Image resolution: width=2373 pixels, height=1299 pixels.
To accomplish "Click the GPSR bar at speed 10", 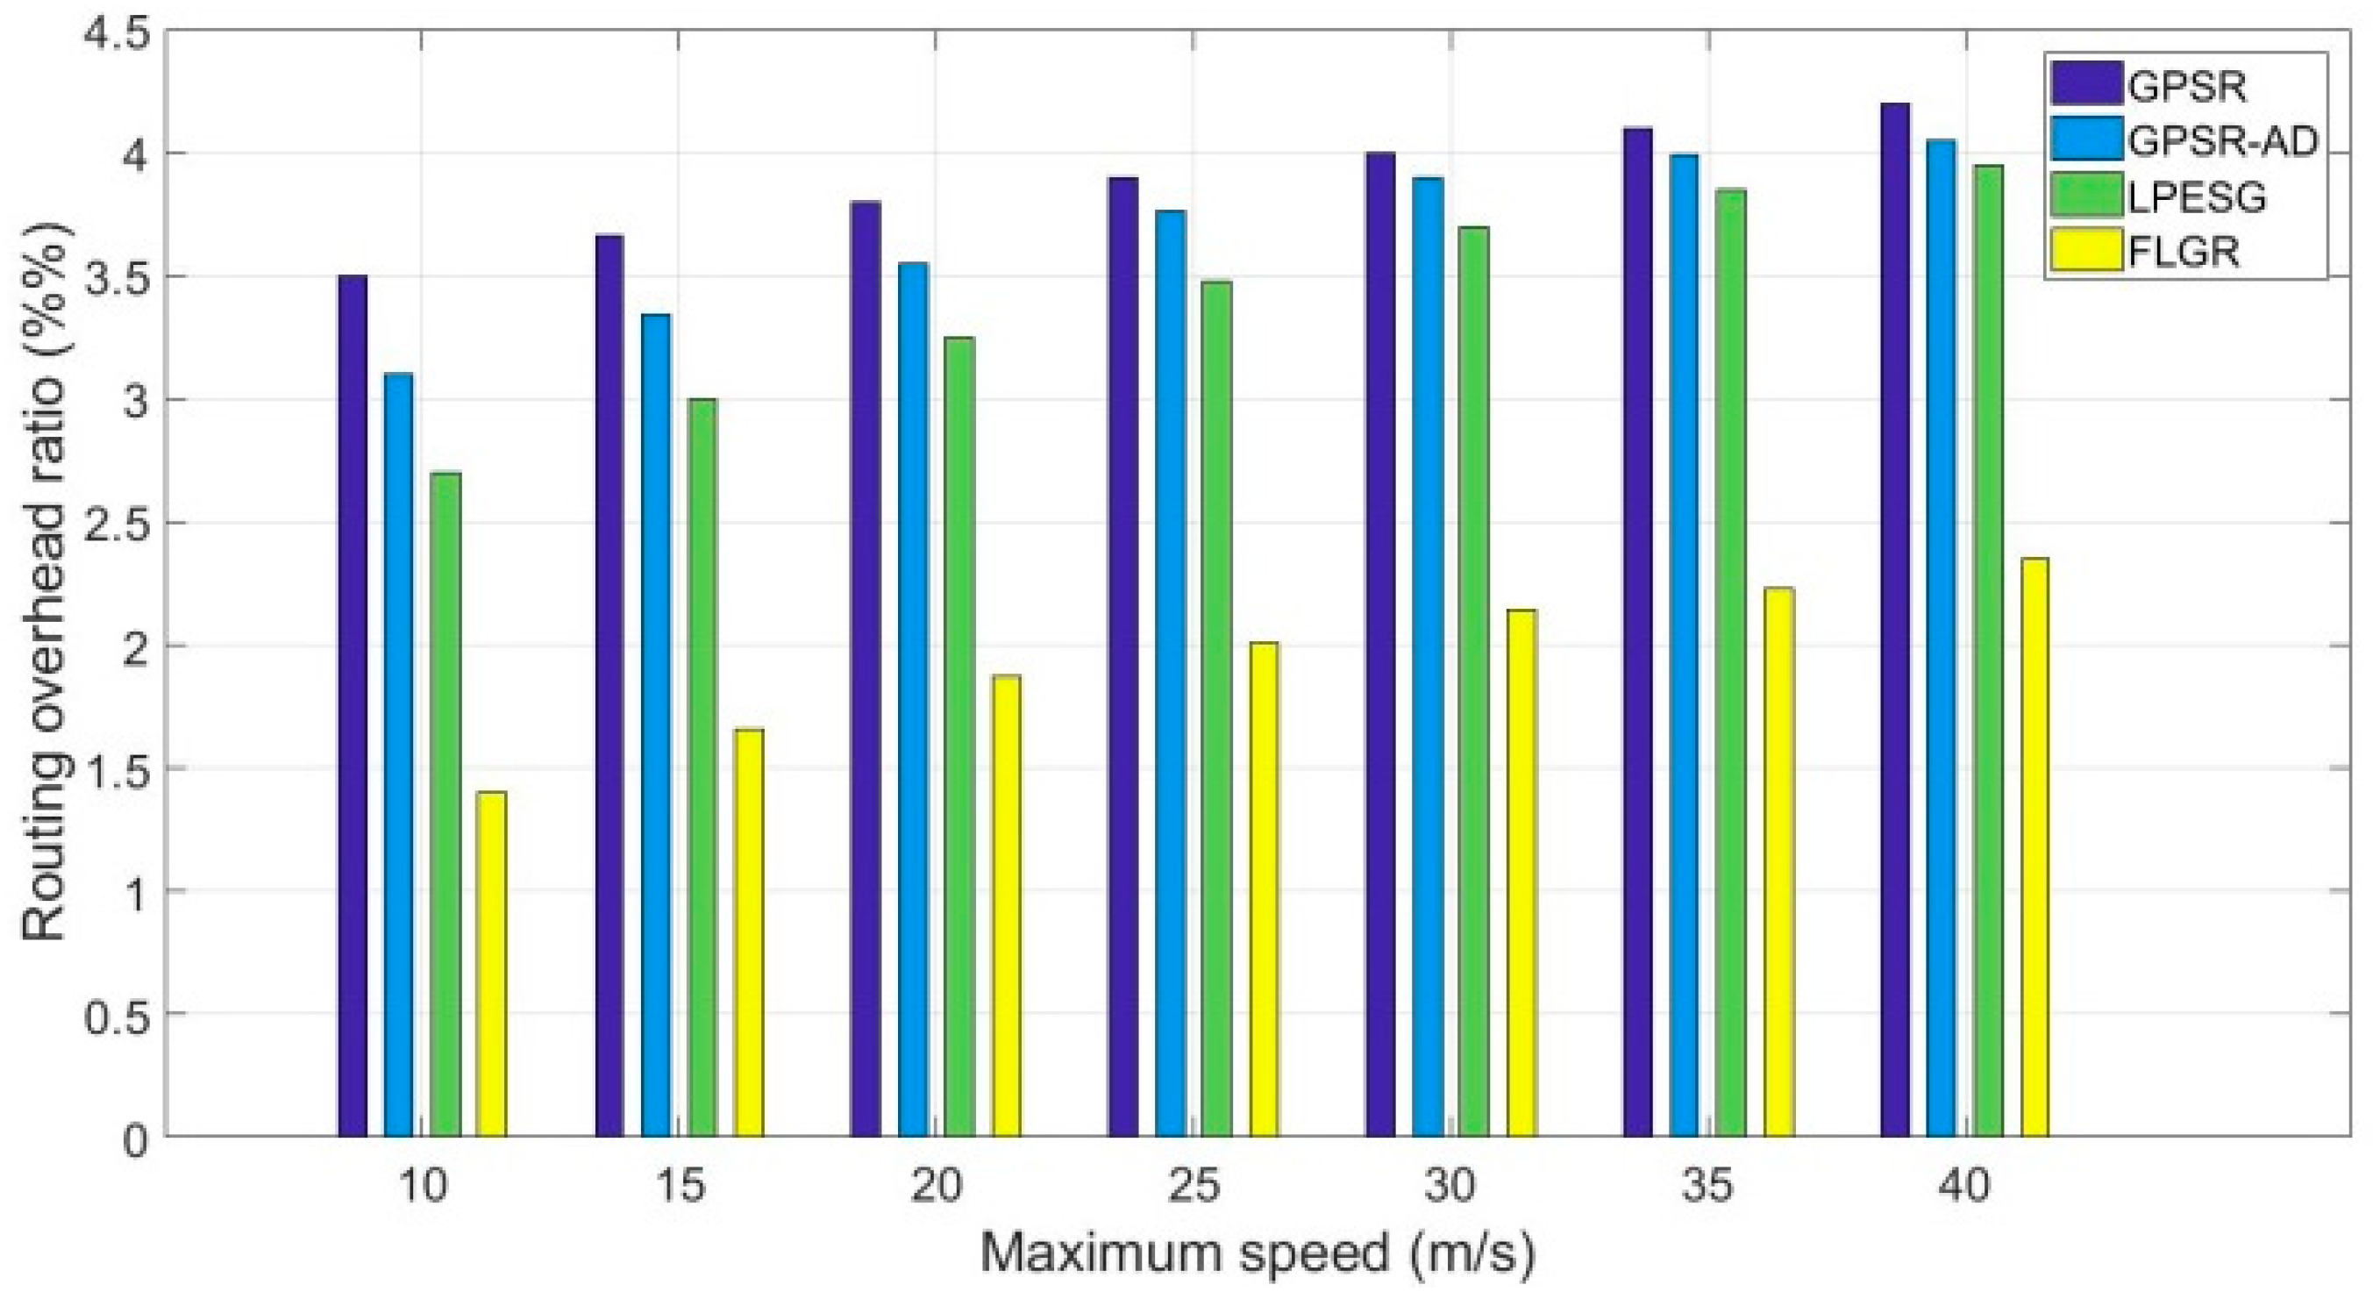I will coord(352,706).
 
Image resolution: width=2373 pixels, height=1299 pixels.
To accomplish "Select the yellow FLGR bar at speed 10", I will coord(491,964).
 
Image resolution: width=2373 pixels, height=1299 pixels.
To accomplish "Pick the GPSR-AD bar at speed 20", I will coord(913,699).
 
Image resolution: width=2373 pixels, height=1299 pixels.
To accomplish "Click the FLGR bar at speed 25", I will coord(1264,889).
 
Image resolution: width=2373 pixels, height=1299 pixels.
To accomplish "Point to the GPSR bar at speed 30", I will coord(1380,644).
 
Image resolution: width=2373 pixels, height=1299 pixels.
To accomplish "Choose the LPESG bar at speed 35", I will coord(1730,662).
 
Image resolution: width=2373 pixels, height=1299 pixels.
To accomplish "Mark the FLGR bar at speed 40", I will coord(2034,847).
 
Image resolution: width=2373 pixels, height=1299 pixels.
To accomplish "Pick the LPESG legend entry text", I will coord(2196,196).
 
